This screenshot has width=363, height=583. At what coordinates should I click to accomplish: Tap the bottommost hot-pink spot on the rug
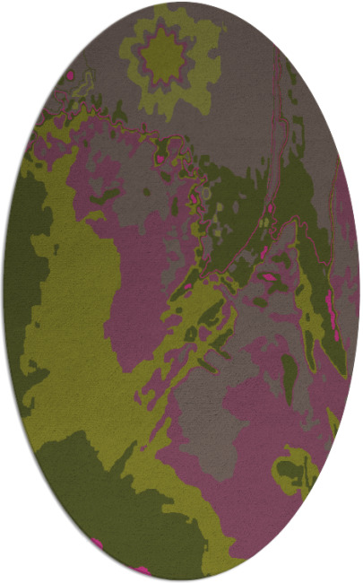click(x=141, y=569)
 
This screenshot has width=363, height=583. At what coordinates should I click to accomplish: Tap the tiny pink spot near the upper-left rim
click(x=69, y=75)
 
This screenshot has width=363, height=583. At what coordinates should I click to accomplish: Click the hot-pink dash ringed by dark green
click(x=268, y=279)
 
